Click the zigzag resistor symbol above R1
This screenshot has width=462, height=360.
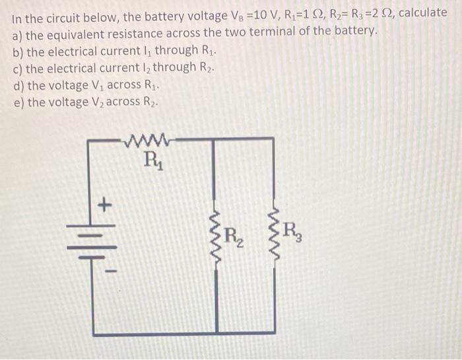coord(152,139)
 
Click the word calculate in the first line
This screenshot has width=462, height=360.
coord(422,15)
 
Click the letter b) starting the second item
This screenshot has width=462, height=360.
coord(18,50)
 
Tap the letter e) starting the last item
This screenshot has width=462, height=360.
coord(18,102)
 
